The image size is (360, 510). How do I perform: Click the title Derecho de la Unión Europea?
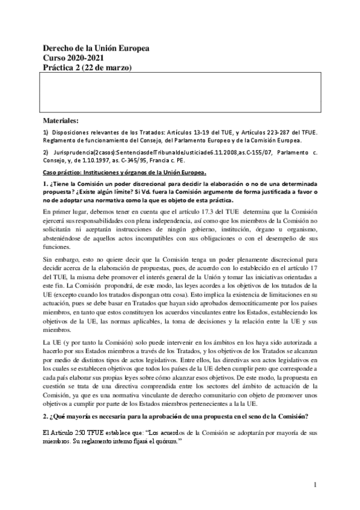coord(96,49)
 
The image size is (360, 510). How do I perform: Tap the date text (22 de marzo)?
coord(110,67)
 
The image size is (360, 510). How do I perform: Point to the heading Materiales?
coord(65,120)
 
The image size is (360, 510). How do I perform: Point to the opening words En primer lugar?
coord(66,212)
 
